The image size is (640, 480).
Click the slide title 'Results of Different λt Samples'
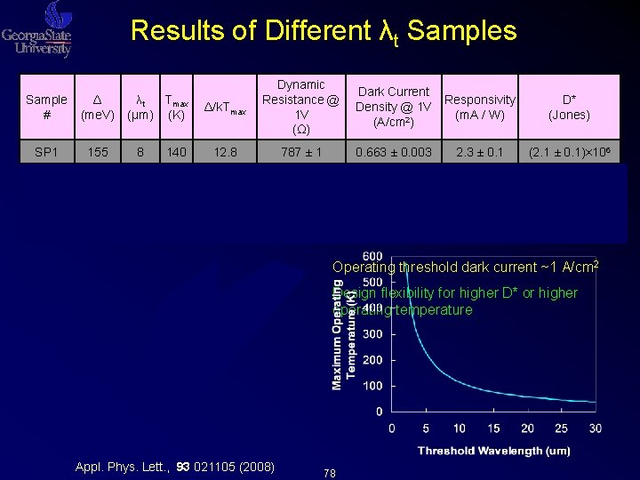[x=323, y=31]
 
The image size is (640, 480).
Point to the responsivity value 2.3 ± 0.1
[x=480, y=152]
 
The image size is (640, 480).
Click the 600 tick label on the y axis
[x=373, y=257]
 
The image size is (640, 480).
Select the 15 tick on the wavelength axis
[x=493, y=428]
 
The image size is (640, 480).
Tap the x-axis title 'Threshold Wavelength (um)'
[x=495, y=451]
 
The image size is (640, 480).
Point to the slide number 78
[x=331, y=472]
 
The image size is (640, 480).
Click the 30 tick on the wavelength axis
[x=595, y=428]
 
